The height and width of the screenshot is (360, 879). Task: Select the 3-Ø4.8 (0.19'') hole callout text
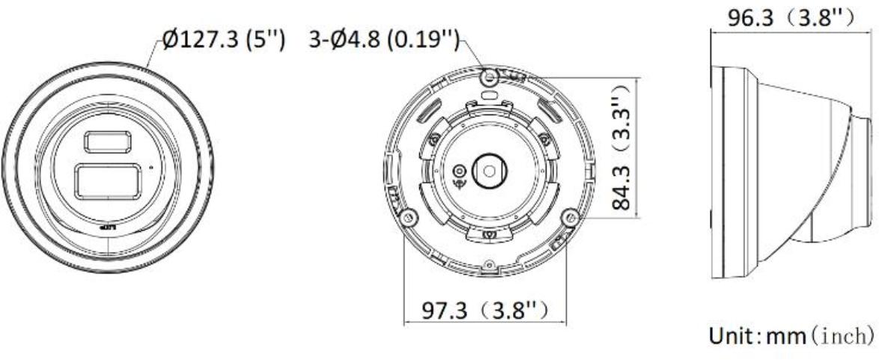point(384,40)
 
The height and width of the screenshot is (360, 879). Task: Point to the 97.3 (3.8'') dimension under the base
point(484,308)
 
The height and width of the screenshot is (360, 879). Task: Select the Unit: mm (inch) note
point(789,332)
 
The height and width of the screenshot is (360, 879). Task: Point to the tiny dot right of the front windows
point(150,166)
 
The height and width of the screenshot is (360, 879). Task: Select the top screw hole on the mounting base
point(490,76)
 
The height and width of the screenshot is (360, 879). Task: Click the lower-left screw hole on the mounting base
point(407,217)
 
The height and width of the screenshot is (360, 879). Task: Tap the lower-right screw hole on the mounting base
point(572,217)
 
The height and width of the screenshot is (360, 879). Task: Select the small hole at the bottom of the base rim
point(489,263)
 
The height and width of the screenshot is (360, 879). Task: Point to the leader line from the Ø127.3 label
point(154,54)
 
